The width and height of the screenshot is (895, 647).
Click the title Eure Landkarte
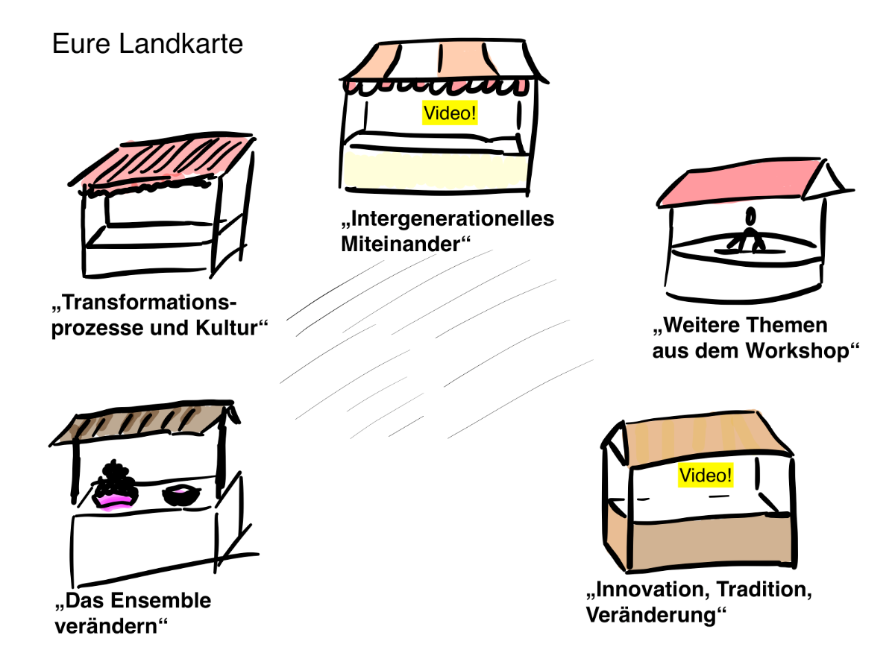click(x=147, y=44)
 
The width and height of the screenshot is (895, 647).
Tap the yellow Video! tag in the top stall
click(x=449, y=114)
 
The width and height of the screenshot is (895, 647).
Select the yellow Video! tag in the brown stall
click(x=705, y=475)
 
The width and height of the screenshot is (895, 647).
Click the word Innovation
click(x=647, y=590)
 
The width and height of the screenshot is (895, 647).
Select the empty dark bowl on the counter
click(x=180, y=494)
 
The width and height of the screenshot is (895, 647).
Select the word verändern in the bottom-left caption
click(x=109, y=625)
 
